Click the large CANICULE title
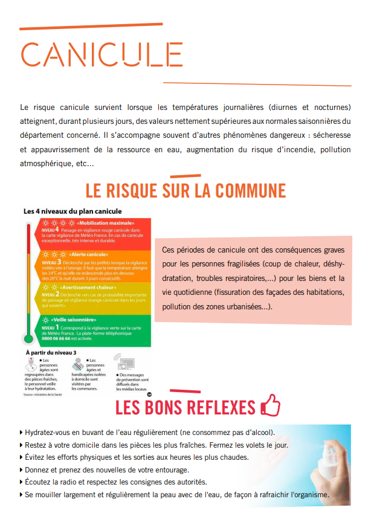coord(102,54)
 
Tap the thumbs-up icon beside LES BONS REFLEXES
coord(270,407)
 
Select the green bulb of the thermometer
coord(27,340)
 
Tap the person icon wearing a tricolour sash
coord(78,365)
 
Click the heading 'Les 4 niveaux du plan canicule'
coord(73,212)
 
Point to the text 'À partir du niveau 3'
coord(51,353)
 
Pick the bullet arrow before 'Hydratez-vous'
coord(22,433)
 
